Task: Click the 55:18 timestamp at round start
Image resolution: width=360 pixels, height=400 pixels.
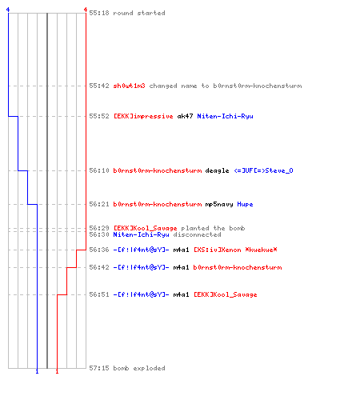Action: click(x=99, y=13)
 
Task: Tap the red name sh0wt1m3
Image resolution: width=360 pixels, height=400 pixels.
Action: click(x=129, y=86)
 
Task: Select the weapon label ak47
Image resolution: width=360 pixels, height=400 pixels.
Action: click(x=185, y=116)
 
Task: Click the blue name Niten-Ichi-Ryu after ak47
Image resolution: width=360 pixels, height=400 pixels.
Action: click(x=225, y=116)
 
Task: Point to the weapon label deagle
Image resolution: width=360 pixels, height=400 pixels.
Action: click(x=217, y=170)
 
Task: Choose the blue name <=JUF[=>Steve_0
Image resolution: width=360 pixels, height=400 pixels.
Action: click(x=263, y=170)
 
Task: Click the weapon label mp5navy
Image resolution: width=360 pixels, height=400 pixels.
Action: click(x=219, y=204)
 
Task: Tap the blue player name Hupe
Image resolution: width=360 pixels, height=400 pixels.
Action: click(x=245, y=204)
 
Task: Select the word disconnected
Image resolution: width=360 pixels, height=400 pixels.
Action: click(x=197, y=234)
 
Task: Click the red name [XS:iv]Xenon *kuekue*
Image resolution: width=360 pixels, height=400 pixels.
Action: click(x=235, y=250)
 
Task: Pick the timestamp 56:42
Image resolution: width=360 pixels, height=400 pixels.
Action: click(x=99, y=267)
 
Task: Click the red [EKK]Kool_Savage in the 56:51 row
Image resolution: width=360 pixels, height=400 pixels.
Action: click(x=226, y=294)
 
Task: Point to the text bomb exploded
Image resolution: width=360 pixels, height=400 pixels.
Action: click(x=139, y=368)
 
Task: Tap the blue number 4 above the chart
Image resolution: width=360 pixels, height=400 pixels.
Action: click(x=8, y=10)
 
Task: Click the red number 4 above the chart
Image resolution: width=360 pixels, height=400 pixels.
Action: click(x=86, y=10)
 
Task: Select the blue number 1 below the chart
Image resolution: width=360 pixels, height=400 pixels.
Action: click(x=37, y=371)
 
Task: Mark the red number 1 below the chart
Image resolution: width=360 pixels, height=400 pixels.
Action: click(x=57, y=371)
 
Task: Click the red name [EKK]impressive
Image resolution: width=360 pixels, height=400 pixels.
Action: click(x=143, y=116)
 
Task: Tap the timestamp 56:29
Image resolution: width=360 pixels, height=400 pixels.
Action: click(x=99, y=228)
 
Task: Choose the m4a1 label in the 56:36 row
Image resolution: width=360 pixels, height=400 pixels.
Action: click(x=181, y=250)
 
